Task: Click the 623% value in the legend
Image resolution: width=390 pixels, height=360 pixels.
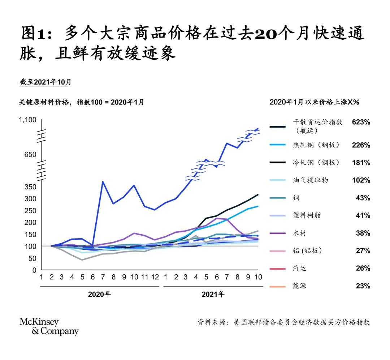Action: coord(361,122)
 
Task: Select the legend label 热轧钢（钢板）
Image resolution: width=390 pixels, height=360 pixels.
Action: coord(316,145)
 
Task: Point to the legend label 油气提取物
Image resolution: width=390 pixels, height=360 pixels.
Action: coord(311,180)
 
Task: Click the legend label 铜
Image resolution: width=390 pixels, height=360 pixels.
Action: coord(296,198)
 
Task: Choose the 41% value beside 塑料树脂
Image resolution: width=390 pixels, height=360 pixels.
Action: coord(364,216)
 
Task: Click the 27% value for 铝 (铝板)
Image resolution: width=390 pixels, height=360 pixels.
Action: coord(364,251)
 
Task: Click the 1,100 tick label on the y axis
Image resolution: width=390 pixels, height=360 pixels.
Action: coord(28,120)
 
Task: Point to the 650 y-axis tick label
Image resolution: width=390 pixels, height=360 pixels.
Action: coord(31,155)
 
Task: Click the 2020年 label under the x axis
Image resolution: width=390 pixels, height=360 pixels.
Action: coord(99,294)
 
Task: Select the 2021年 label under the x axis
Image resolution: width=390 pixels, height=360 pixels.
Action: coord(213,294)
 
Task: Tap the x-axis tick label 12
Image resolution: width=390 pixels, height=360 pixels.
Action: coord(155,278)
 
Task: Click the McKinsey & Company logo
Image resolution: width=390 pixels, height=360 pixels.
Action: coord(49,327)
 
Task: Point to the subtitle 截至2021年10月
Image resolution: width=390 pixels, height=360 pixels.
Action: coord(45,82)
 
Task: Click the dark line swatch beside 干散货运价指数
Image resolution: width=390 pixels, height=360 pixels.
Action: coord(278,127)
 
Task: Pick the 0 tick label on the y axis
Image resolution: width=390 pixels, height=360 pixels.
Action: coord(34,270)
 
